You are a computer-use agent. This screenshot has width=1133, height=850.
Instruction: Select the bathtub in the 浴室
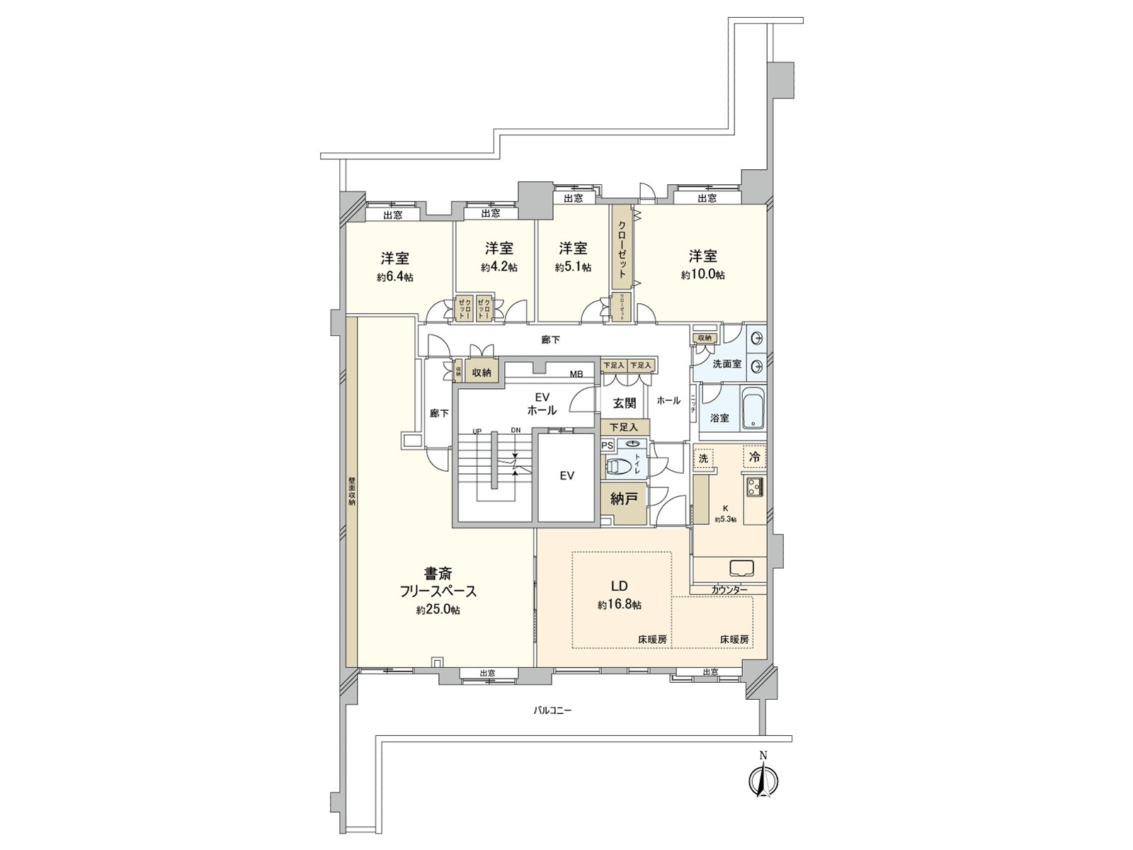click(x=753, y=409)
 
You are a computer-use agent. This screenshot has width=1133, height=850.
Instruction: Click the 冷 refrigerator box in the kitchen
click(x=754, y=457)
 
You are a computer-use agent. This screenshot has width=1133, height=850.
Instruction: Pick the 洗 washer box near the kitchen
click(x=703, y=458)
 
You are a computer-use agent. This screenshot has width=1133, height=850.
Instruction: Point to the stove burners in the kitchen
click(x=752, y=487)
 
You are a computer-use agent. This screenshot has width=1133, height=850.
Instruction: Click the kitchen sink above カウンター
click(x=741, y=568)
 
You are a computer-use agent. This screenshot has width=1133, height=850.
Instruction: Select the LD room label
click(x=620, y=586)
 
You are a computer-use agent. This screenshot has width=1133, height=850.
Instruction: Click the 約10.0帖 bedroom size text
click(x=702, y=275)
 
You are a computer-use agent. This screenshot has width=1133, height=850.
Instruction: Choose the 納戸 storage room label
click(x=624, y=499)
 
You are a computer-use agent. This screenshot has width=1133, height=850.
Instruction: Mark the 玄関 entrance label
click(x=624, y=403)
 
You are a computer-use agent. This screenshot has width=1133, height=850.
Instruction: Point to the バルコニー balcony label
click(x=552, y=709)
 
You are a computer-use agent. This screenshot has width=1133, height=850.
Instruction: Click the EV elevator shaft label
click(x=566, y=476)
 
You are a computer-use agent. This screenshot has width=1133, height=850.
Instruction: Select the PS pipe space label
click(x=607, y=446)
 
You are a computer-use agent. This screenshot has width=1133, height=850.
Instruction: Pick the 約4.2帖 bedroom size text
click(x=499, y=267)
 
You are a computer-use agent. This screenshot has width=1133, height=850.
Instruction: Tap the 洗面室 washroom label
click(x=727, y=363)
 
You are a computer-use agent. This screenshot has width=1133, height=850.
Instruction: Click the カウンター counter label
click(x=729, y=589)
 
